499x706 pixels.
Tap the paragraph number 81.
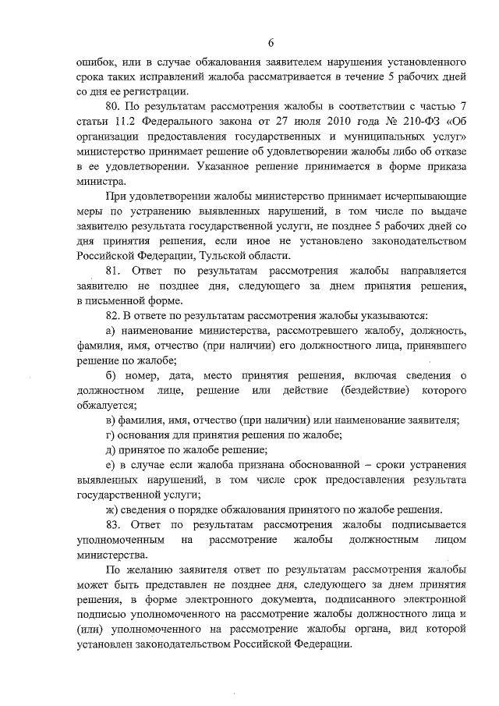tap(113, 271)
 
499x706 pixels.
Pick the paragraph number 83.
tap(113, 525)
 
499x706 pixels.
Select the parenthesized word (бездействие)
tap(374, 390)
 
